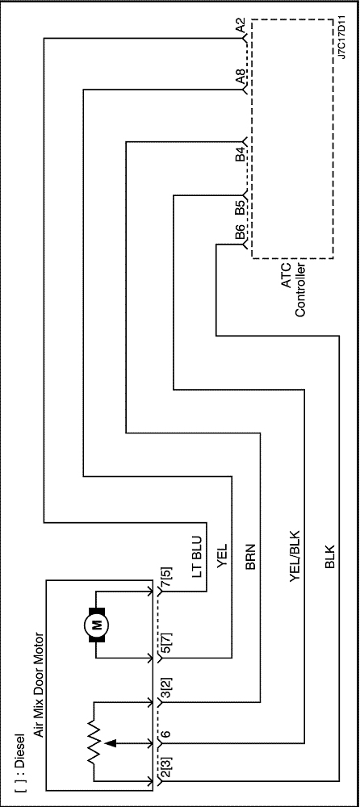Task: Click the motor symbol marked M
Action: pyautogui.click(x=96, y=625)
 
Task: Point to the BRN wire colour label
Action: pyautogui.click(x=251, y=558)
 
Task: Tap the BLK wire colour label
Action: pyautogui.click(x=330, y=558)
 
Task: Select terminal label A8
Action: pyautogui.click(x=240, y=77)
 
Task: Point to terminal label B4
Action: pyautogui.click(x=240, y=154)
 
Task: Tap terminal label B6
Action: pyautogui.click(x=240, y=234)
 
